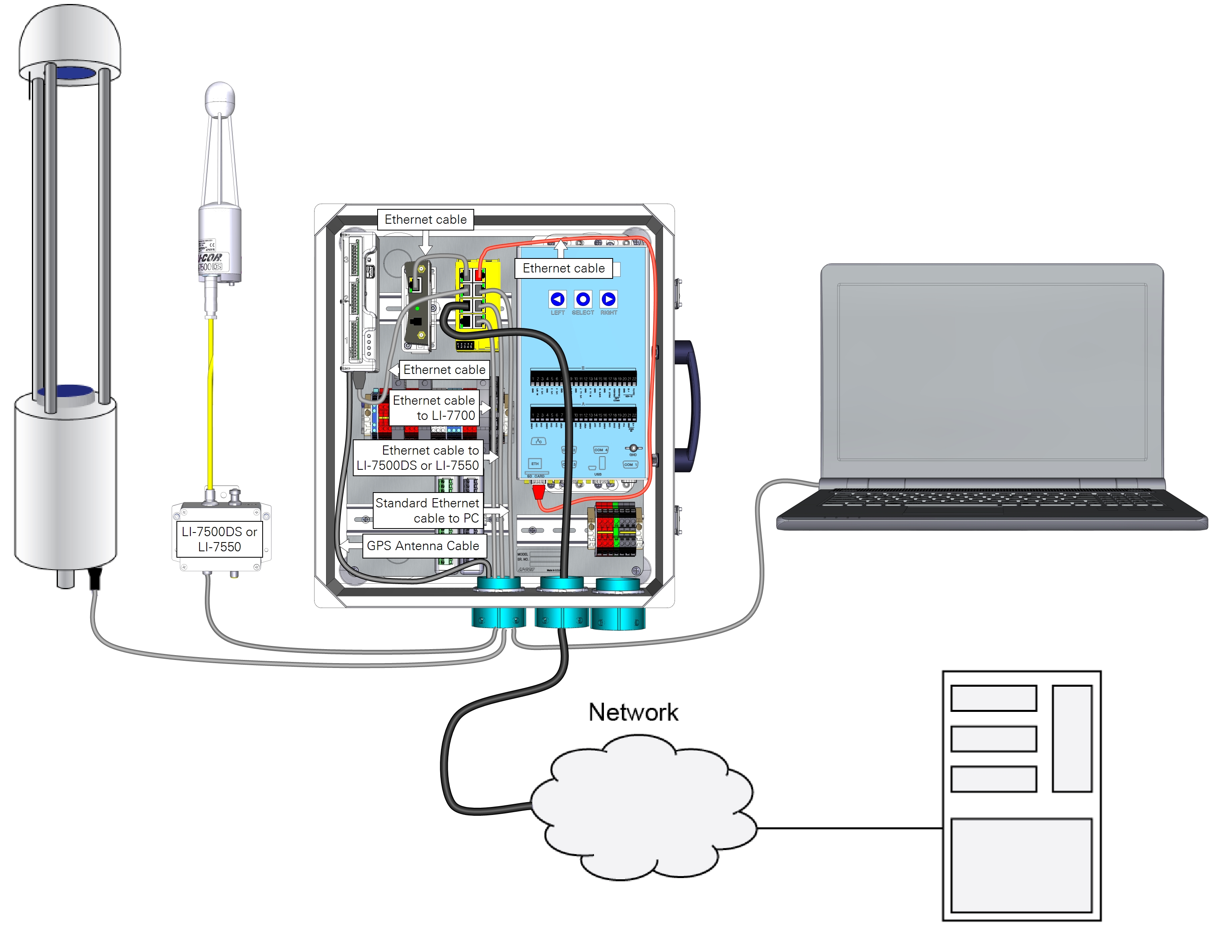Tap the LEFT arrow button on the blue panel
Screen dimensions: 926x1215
tap(557, 299)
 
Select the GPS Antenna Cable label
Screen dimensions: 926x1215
tap(423, 546)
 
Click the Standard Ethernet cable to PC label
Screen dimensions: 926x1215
tap(427, 511)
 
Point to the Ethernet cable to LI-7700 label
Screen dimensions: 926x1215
tap(434, 408)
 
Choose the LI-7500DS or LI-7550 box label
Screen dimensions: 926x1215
tap(219, 539)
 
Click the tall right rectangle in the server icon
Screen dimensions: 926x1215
tap(1072, 739)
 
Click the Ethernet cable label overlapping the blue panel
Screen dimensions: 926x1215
tap(564, 268)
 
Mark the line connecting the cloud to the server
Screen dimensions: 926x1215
tap(848, 828)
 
